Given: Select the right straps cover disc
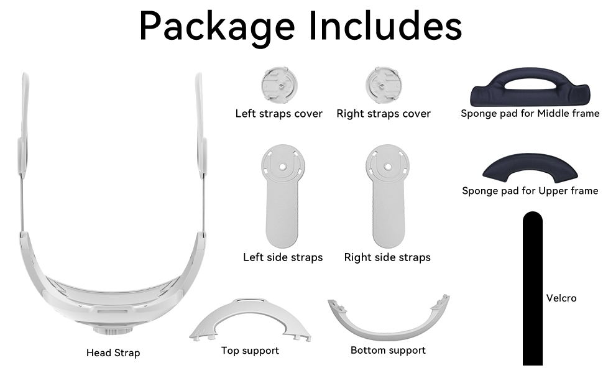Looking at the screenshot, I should [384, 85].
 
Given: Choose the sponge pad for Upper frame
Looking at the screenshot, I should [530, 168].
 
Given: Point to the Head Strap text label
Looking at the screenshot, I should [113, 352].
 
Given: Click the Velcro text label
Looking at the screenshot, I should [561, 298].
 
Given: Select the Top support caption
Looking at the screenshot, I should [250, 351].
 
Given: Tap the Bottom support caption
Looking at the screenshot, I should [388, 351].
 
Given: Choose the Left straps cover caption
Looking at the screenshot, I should [278, 113].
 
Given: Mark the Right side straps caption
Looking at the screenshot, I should [387, 257].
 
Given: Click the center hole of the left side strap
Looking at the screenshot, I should [283, 167].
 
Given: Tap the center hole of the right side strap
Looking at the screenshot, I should [387, 167].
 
